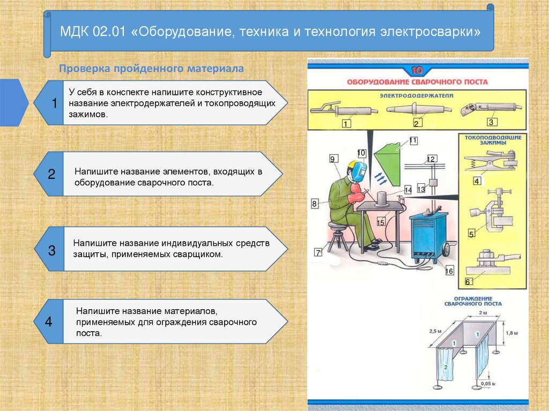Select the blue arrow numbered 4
[x=49, y=322]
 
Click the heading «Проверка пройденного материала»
[x=151, y=69]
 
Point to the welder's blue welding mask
[x=357, y=170]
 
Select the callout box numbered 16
[x=449, y=271]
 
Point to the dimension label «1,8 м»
[x=512, y=333]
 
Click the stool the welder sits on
[x=337, y=236]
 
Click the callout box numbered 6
[x=468, y=281]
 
